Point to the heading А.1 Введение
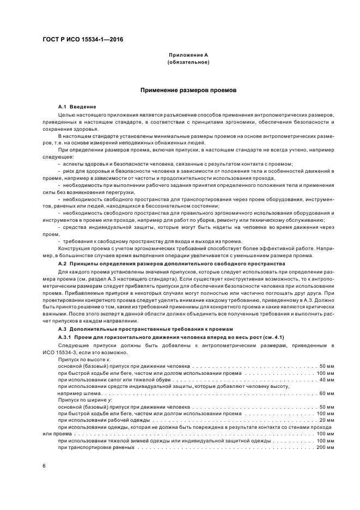(77, 106)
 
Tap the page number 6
(44, 466)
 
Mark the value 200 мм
(325, 447)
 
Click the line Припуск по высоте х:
(84, 359)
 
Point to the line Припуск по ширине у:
(85, 400)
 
